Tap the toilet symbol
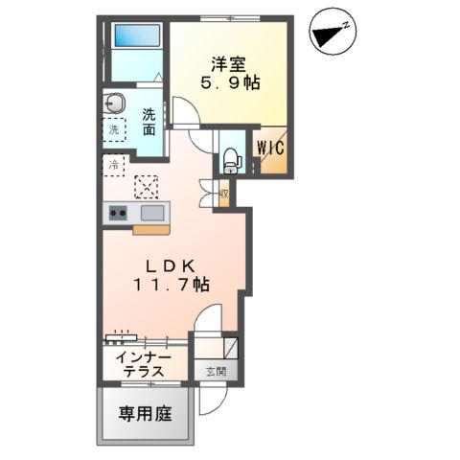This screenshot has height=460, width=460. (x=231, y=160)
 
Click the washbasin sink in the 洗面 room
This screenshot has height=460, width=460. (x=116, y=103)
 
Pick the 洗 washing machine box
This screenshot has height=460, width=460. (x=114, y=128)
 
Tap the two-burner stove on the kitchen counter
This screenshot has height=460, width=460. (x=118, y=214)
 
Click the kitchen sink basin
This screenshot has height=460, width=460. (x=153, y=213)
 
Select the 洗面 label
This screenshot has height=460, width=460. (x=149, y=122)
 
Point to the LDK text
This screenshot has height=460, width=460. (x=172, y=264)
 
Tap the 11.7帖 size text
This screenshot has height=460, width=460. (x=172, y=285)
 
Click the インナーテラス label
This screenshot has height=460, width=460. (x=139, y=364)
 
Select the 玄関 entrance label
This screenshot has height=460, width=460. (x=215, y=371)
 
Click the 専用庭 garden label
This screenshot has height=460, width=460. (x=145, y=415)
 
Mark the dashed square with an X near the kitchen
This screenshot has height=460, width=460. (x=148, y=185)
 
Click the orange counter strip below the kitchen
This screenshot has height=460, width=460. (x=151, y=230)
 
